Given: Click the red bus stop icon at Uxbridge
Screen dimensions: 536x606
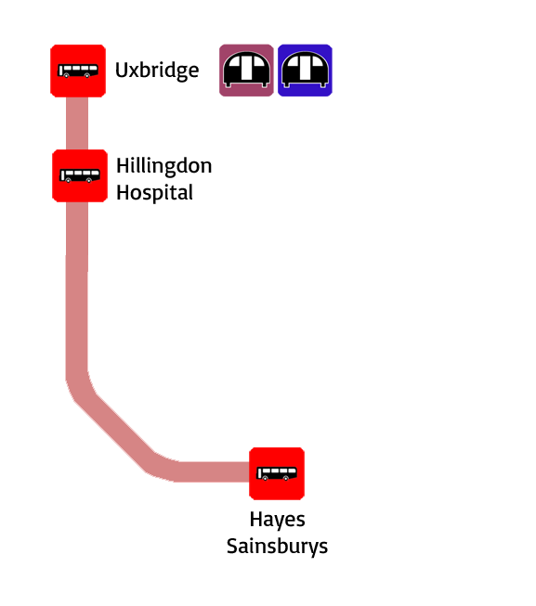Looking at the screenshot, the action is click(x=78, y=71).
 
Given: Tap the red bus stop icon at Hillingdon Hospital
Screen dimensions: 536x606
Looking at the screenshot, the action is click(x=80, y=175).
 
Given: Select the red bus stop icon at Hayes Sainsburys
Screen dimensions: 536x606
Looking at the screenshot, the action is click(x=277, y=473).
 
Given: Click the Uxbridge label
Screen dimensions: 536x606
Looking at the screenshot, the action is click(x=157, y=71).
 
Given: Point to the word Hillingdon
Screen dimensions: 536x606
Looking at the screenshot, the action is click(x=164, y=166).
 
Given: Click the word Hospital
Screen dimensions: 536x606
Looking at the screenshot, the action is click(x=155, y=193).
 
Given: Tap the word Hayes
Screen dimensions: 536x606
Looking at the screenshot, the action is click(x=277, y=520).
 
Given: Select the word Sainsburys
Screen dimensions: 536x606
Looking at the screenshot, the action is click(x=277, y=547).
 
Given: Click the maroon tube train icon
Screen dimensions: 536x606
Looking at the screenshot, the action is click(x=246, y=71).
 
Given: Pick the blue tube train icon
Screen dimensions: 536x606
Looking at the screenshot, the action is click(x=305, y=71).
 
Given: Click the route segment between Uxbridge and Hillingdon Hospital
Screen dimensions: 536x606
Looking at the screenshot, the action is click(x=77, y=123).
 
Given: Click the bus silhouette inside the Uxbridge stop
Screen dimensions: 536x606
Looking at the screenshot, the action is click(x=78, y=71).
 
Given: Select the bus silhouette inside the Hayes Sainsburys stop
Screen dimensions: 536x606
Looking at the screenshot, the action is click(x=277, y=473).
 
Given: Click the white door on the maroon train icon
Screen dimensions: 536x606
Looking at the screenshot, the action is click(x=246, y=69).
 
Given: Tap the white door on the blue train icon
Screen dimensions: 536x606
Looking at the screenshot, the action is click(x=305, y=69).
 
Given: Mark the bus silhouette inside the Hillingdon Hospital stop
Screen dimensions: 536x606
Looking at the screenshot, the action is click(x=80, y=175).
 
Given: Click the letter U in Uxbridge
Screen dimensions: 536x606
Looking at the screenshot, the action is click(x=122, y=70).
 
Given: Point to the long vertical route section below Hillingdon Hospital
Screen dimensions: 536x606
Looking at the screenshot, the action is click(x=76, y=290).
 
